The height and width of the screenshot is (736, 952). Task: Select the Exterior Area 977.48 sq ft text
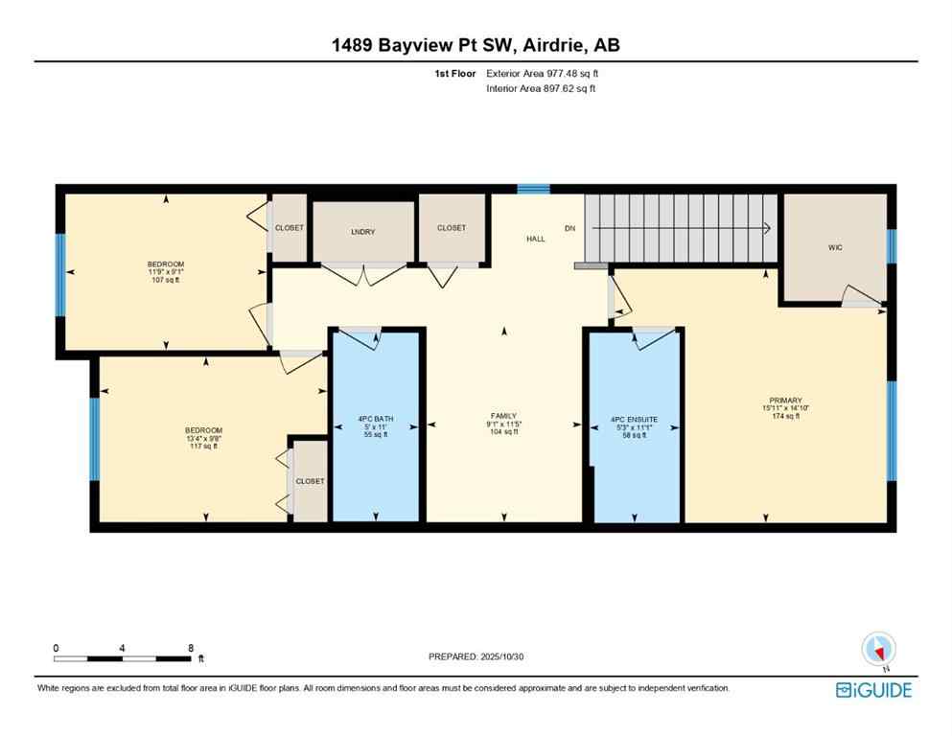[x=544, y=73]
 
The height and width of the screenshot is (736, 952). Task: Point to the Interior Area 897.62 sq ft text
[x=542, y=88]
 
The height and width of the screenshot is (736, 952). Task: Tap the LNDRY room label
[x=363, y=232]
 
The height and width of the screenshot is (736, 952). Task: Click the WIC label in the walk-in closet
[x=834, y=247]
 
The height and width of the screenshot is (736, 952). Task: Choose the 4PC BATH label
[x=375, y=419]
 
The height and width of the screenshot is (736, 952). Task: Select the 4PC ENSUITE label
[x=635, y=419]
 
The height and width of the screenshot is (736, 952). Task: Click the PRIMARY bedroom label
[x=784, y=401]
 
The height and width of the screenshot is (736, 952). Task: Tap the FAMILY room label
[x=503, y=416]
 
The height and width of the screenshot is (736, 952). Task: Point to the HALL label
[x=535, y=239]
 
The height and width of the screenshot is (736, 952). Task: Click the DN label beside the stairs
[x=569, y=228]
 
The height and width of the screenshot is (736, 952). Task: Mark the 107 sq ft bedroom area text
[x=165, y=281]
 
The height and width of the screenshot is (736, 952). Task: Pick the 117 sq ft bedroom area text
[x=203, y=446]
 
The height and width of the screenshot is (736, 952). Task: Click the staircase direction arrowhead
[x=767, y=228]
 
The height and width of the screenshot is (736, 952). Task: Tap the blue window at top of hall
[x=534, y=189]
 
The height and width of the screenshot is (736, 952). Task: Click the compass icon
[x=878, y=650]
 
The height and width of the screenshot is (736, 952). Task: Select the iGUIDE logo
[x=873, y=690]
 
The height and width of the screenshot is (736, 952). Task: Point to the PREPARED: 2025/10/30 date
[x=476, y=656]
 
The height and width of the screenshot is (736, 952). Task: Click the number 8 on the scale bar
[x=191, y=648]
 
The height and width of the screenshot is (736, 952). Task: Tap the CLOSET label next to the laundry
[x=451, y=228]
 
